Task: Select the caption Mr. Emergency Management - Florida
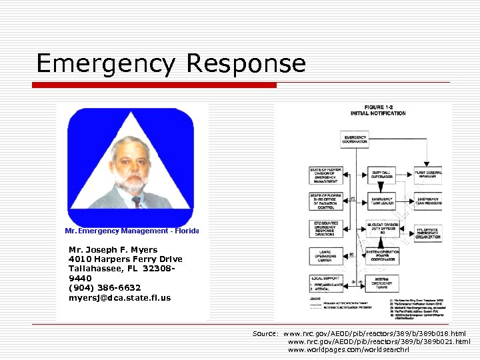132,231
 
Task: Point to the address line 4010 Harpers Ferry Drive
125,259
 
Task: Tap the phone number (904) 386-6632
105,288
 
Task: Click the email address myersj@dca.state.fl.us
119,297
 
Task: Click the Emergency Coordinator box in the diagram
355,139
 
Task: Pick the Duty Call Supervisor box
381,175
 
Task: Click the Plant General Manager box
428,175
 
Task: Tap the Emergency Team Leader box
381,200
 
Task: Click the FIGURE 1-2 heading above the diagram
379,107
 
